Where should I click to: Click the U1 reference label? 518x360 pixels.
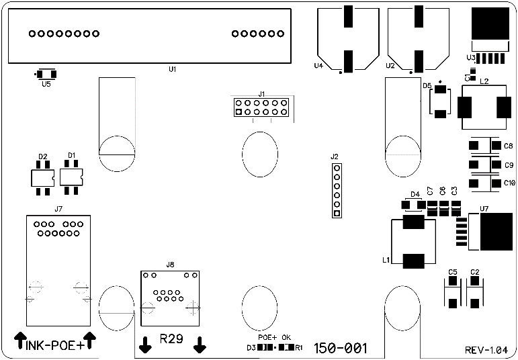coord(173,69)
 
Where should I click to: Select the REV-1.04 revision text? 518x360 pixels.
coord(491,350)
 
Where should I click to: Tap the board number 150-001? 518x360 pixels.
coord(341,348)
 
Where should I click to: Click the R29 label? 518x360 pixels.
coord(171,339)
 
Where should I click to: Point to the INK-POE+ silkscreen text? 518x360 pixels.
coord(54,345)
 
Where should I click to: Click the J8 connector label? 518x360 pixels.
coord(170,265)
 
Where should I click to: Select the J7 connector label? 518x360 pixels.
coord(58,209)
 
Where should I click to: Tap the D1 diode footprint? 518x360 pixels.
coord(71,177)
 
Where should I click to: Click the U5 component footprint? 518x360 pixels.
coord(46,74)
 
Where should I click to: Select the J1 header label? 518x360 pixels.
coord(262,94)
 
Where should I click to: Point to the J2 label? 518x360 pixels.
coord(335,156)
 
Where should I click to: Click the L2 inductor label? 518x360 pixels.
coord(484,80)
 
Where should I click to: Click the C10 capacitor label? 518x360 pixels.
coord(510,183)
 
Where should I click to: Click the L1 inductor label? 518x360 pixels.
coord(386,259)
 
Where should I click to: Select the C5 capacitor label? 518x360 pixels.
coord(453,271)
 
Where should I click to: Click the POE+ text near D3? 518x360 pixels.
coord(267,337)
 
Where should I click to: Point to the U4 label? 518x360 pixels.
coord(318,66)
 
